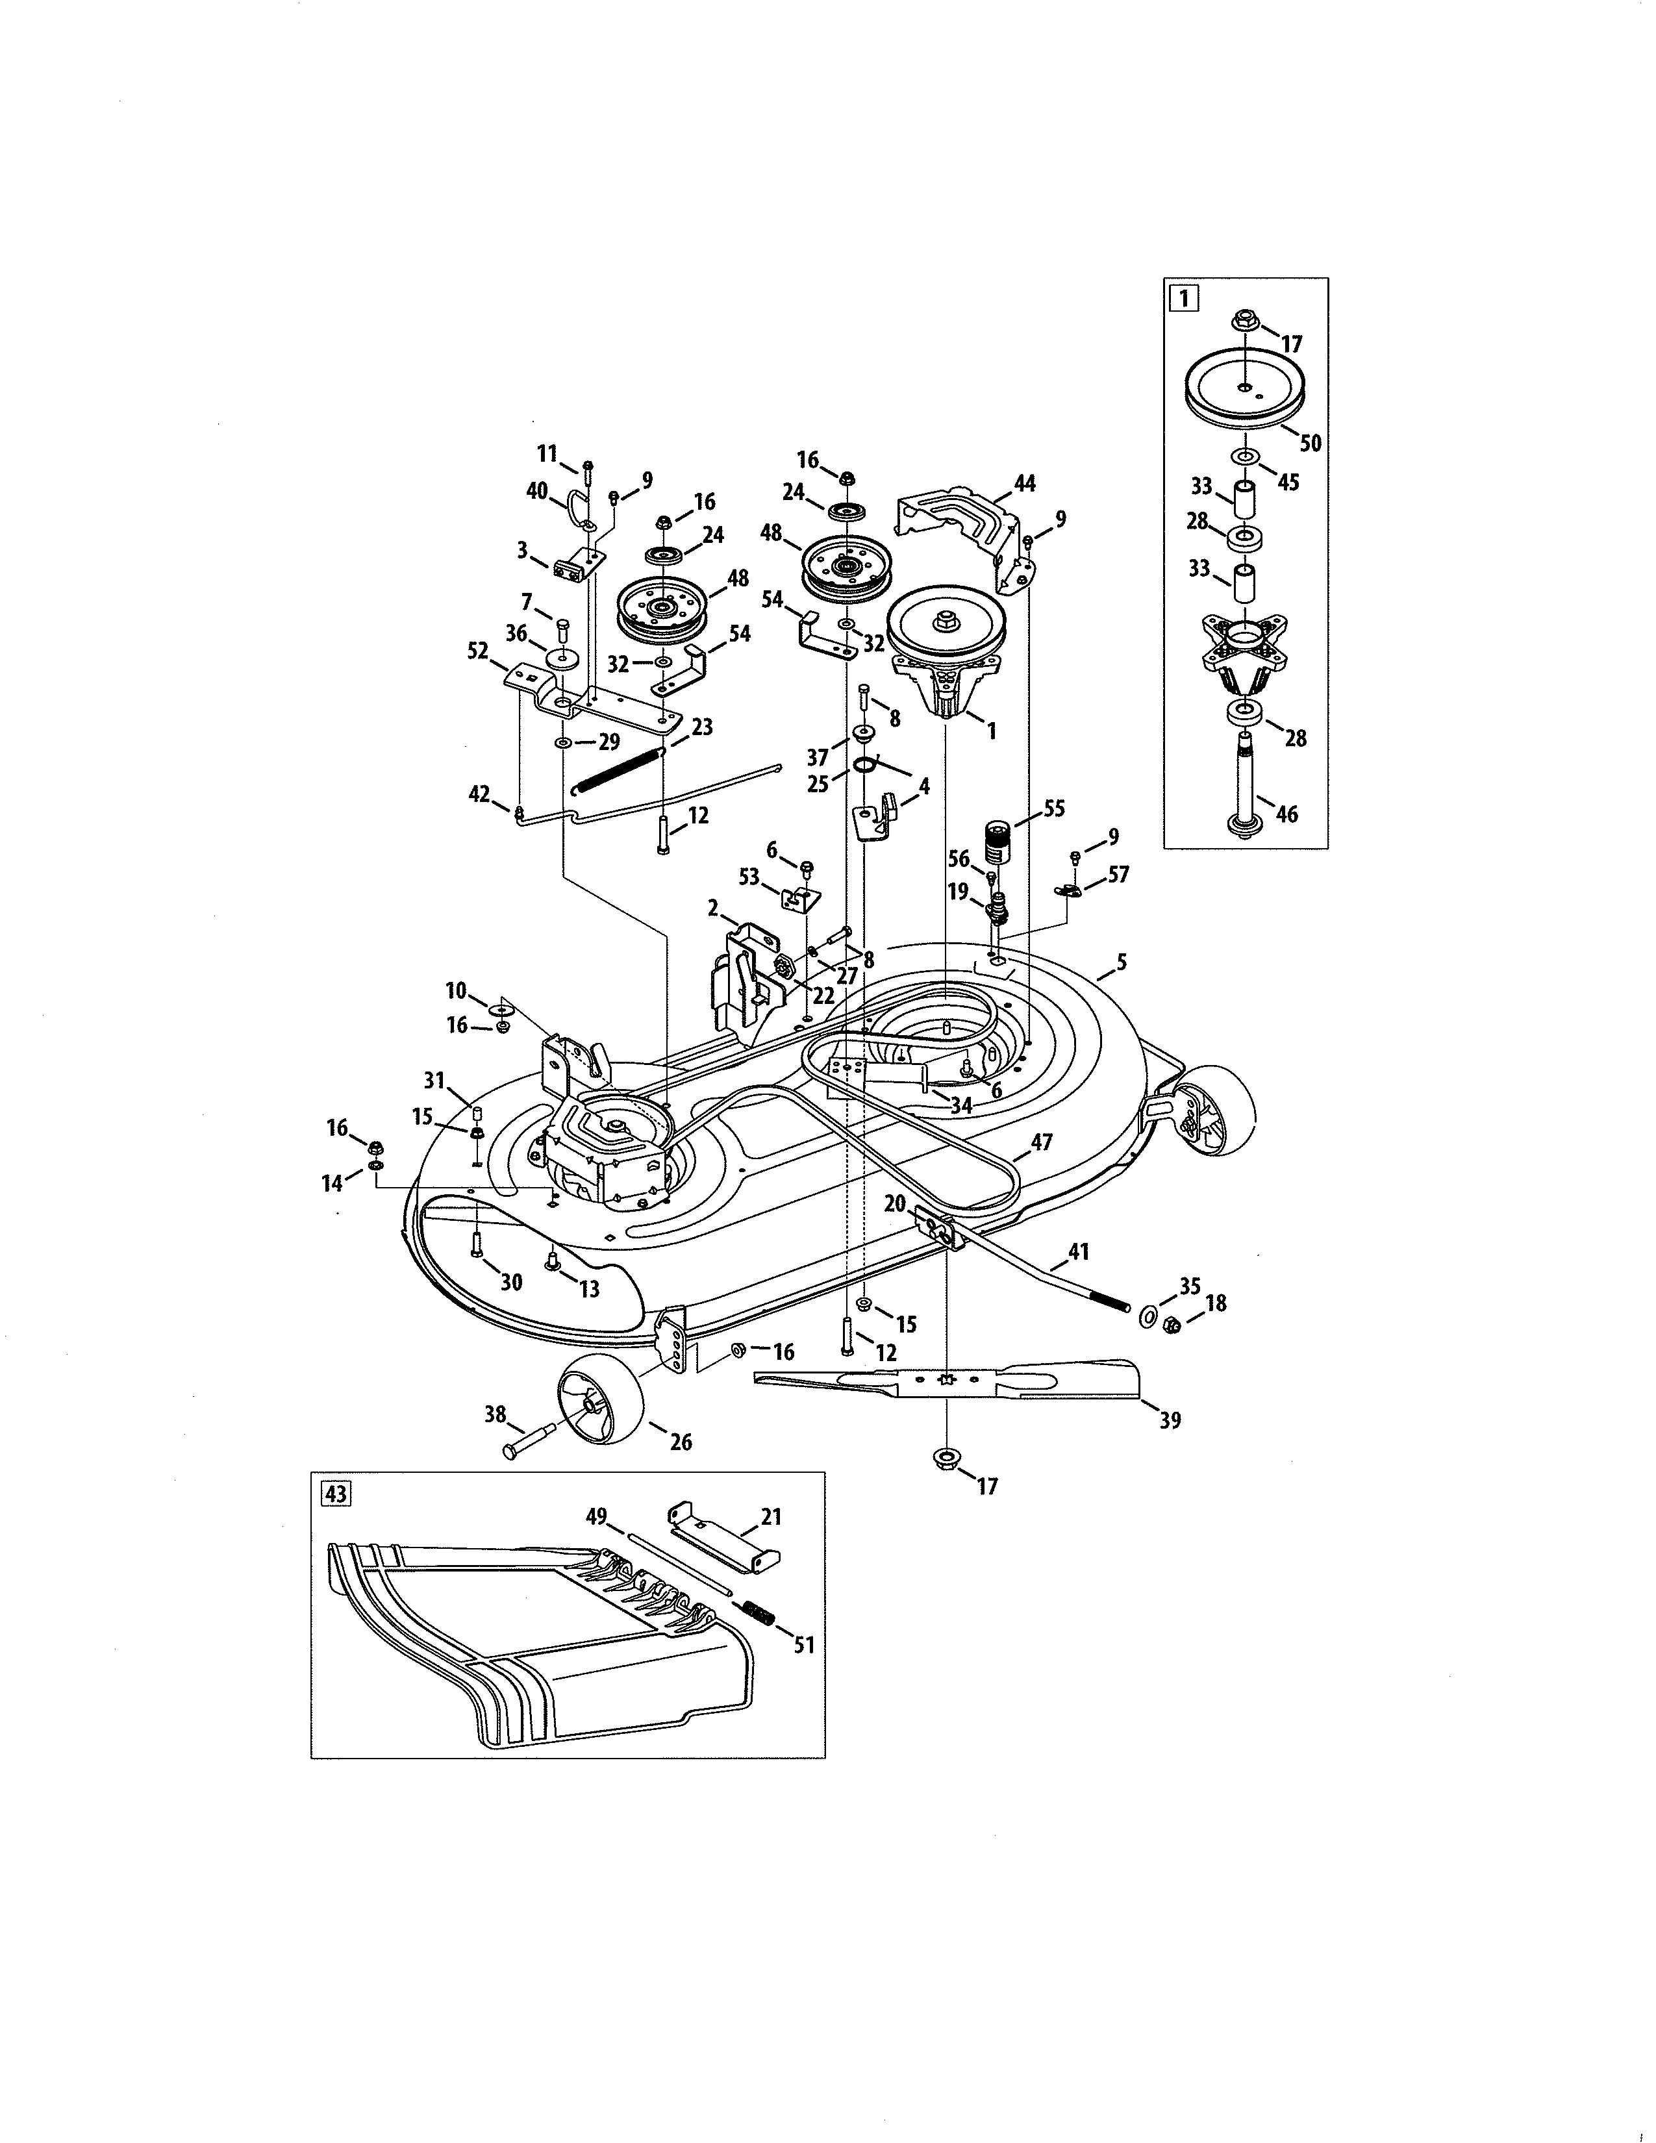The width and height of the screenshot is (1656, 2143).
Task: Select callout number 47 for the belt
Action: (1041, 1141)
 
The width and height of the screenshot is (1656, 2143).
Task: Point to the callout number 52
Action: (478, 651)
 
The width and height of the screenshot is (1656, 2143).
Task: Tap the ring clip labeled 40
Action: (575, 508)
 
